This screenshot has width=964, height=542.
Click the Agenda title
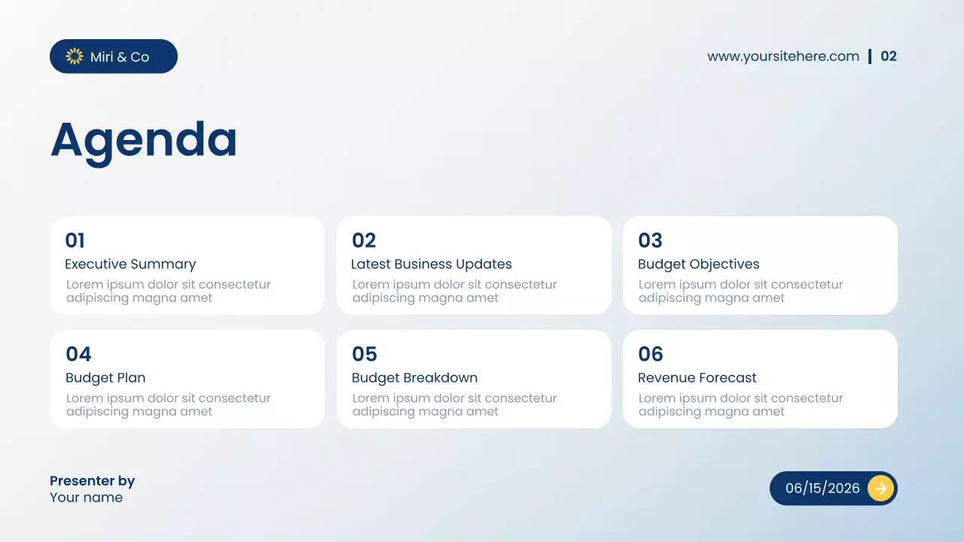click(x=144, y=140)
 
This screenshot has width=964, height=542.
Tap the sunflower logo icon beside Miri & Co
click(x=75, y=56)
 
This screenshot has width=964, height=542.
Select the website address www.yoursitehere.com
click(x=783, y=56)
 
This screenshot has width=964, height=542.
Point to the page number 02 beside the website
click(x=889, y=56)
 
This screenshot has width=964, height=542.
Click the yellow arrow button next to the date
click(x=880, y=488)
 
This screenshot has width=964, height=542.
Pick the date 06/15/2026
click(x=822, y=488)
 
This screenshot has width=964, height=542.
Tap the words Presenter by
click(x=92, y=481)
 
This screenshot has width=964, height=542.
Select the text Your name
click(x=86, y=498)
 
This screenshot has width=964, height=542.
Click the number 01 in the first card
click(x=75, y=241)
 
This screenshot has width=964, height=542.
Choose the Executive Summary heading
click(x=130, y=264)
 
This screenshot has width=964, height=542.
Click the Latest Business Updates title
click(x=432, y=264)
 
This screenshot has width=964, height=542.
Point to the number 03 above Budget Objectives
click(x=650, y=241)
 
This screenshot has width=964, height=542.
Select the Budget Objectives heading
click(x=698, y=264)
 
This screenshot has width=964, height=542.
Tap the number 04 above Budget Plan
click(x=78, y=355)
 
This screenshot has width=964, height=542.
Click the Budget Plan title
click(x=105, y=378)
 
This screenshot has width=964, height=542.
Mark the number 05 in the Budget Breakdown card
click(x=365, y=355)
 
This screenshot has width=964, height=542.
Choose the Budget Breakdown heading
click(x=414, y=378)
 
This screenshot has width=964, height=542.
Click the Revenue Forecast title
click(x=697, y=378)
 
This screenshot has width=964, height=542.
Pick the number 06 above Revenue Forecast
click(x=651, y=355)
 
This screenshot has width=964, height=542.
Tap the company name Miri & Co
click(x=120, y=57)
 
